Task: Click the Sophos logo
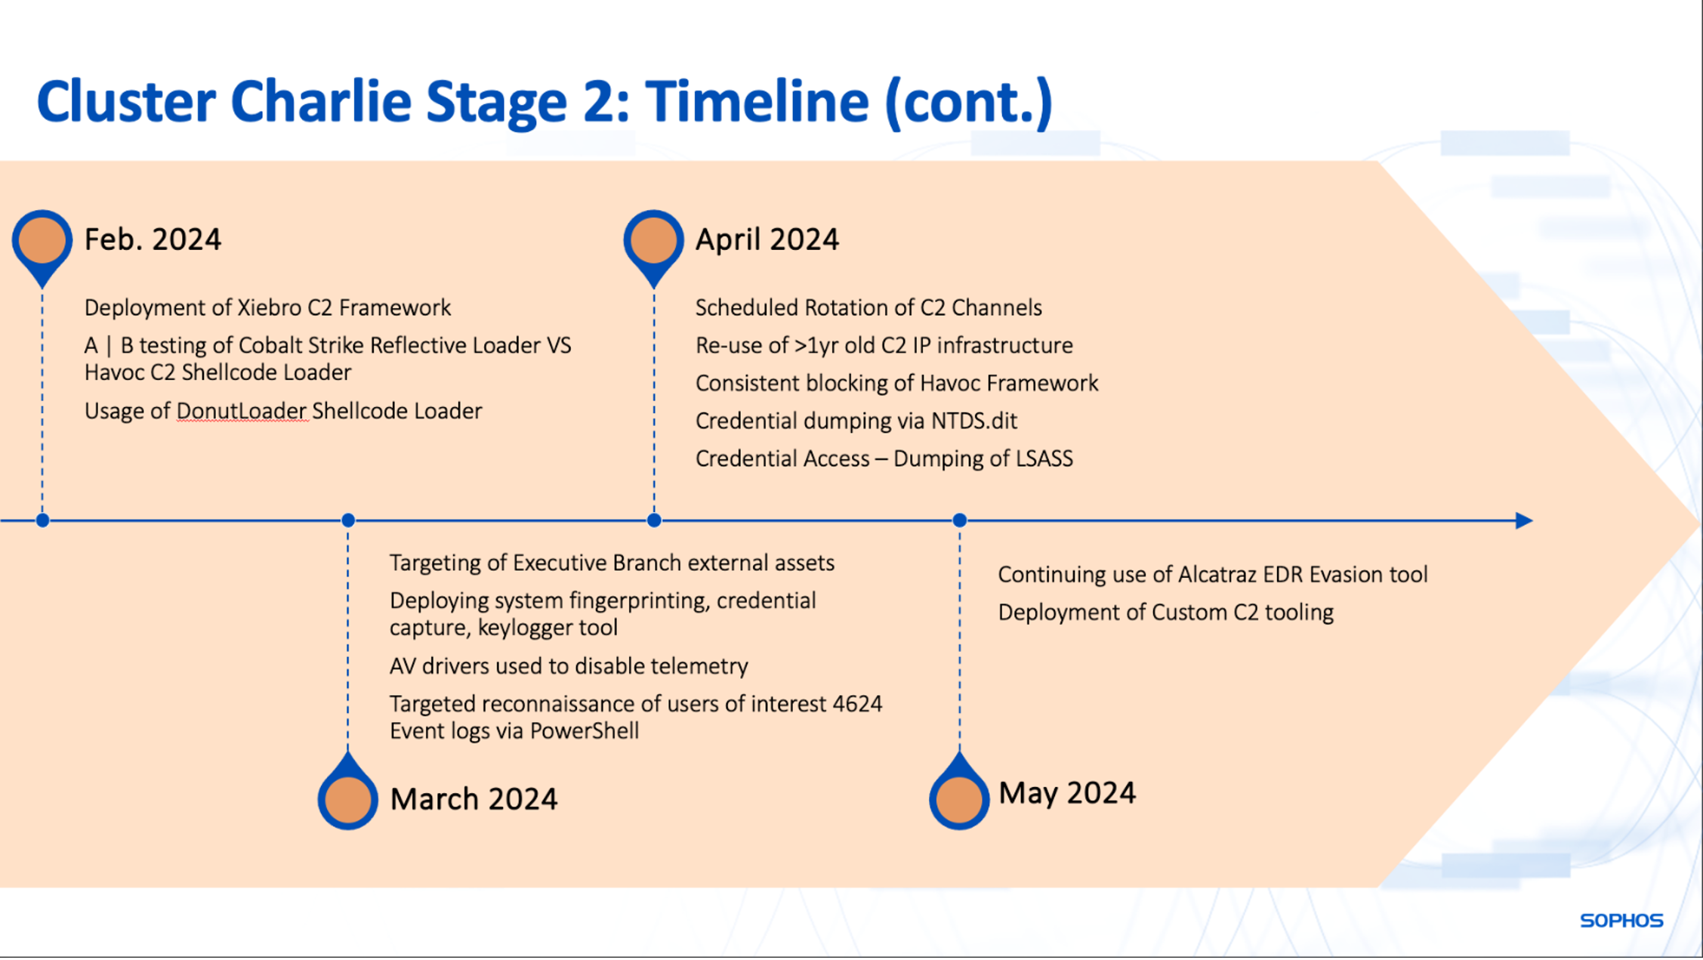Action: [x=1621, y=920]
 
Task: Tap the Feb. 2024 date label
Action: [x=153, y=239]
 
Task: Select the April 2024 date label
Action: [x=767, y=239]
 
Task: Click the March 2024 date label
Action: [x=474, y=799]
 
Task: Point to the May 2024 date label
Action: [x=1066, y=793]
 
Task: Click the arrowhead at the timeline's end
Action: [x=1524, y=520]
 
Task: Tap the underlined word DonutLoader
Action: [x=242, y=411]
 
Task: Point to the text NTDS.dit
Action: [x=974, y=421]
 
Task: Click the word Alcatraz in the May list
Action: [x=1217, y=575]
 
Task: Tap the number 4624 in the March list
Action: [x=857, y=704]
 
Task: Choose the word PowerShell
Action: [x=585, y=731]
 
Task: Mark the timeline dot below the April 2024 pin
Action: [x=654, y=520]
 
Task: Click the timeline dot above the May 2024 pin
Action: [x=960, y=520]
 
